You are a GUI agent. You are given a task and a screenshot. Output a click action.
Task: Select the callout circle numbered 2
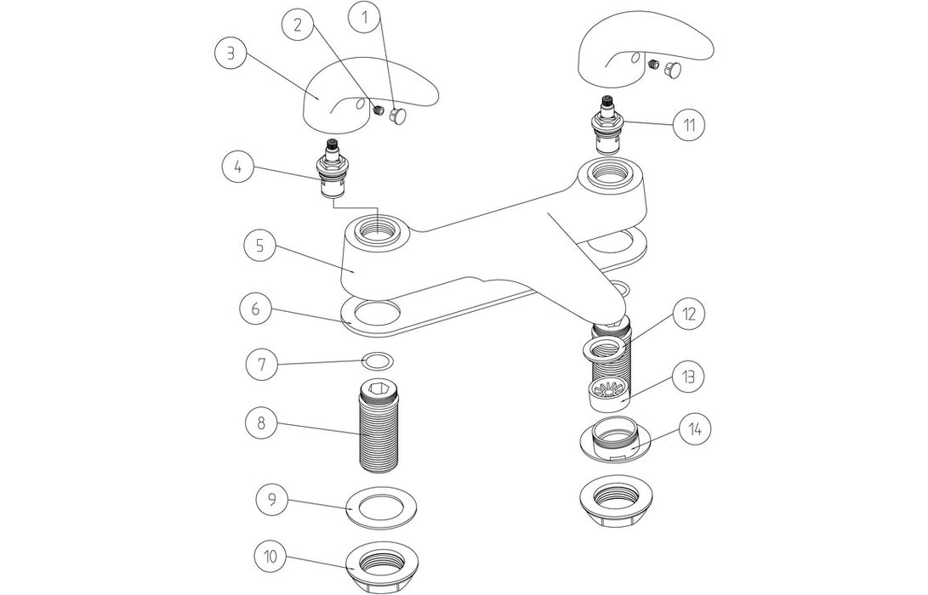tap(298, 25)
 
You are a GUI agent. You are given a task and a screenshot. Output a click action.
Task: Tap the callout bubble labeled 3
tap(229, 52)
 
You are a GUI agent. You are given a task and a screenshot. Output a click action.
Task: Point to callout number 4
tap(239, 166)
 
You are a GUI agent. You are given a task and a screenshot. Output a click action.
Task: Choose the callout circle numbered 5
tap(260, 246)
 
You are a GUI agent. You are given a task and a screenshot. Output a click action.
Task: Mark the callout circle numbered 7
tap(260, 365)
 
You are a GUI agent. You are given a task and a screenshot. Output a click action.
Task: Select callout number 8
tap(260, 422)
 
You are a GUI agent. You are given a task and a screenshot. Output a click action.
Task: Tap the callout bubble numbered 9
tap(271, 499)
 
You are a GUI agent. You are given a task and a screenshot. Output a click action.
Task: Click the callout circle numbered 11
tap(689, 125)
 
